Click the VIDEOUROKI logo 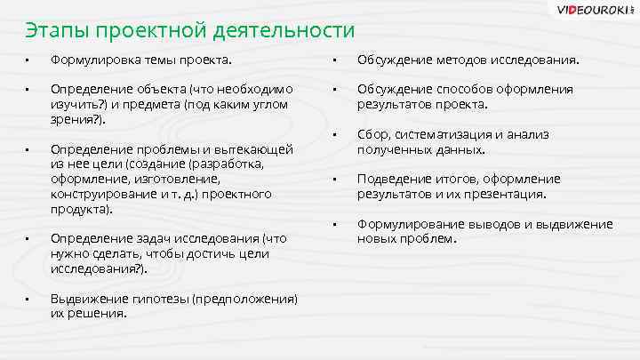[595, 11]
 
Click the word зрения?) [77, 118]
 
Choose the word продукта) [80, 209]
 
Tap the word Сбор [372, 135]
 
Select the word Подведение [394, 180]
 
